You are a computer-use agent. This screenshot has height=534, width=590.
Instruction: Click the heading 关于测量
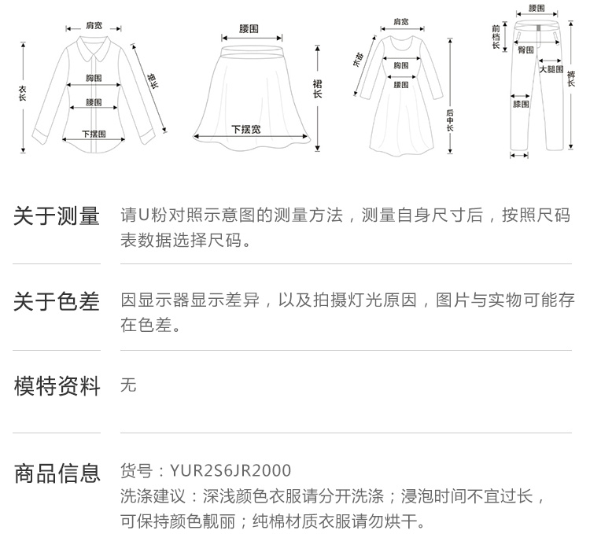57,216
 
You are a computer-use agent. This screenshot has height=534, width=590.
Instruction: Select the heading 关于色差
57,301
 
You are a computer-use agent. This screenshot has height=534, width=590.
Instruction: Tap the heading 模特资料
57,386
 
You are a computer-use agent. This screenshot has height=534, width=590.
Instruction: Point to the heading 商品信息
57,473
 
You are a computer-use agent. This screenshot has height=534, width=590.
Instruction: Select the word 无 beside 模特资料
128,385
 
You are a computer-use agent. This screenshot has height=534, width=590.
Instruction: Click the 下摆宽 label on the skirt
245,128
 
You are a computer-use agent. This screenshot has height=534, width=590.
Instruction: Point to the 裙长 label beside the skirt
318,89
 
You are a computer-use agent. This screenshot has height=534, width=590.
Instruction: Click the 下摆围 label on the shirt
94,134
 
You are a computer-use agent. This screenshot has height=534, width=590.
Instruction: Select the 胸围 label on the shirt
94,78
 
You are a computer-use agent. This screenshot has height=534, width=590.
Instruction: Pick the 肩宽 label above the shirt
94,26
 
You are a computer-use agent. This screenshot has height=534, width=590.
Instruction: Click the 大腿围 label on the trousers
551,69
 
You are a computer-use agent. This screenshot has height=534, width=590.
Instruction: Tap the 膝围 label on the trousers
521,103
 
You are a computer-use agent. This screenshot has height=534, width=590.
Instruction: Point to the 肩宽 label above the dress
400,22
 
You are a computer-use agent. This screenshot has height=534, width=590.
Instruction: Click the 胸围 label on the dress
400,66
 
